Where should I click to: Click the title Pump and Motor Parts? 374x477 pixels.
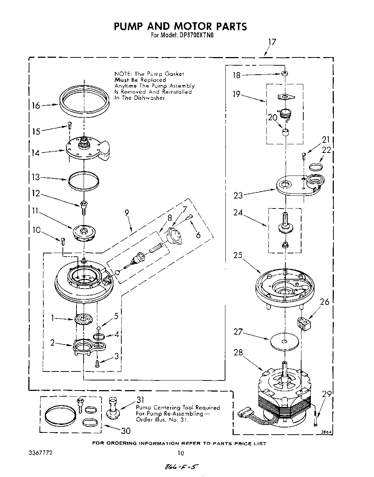[180, 27]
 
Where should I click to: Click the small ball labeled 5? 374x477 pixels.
[98, 328]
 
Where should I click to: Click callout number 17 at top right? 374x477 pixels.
[272, 42]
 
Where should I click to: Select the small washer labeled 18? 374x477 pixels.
[285, 74]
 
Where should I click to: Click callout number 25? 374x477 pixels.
[238, 256]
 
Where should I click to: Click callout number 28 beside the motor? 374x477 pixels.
[238, 352]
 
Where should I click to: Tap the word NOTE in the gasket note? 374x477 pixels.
[121, 74]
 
